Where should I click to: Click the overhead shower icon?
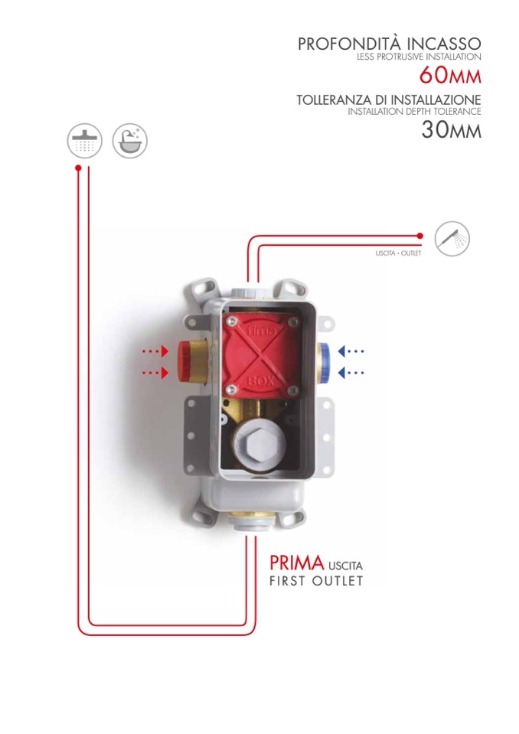coord(83,142)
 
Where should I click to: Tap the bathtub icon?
coord(129,142)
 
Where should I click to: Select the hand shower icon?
coord(452,237)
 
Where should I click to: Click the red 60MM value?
coord(450,76)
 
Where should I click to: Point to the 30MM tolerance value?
coord(451,130)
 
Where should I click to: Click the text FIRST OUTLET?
coord(316,581)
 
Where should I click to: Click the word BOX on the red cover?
coord(257,380)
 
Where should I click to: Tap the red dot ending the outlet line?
coord(419,237)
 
